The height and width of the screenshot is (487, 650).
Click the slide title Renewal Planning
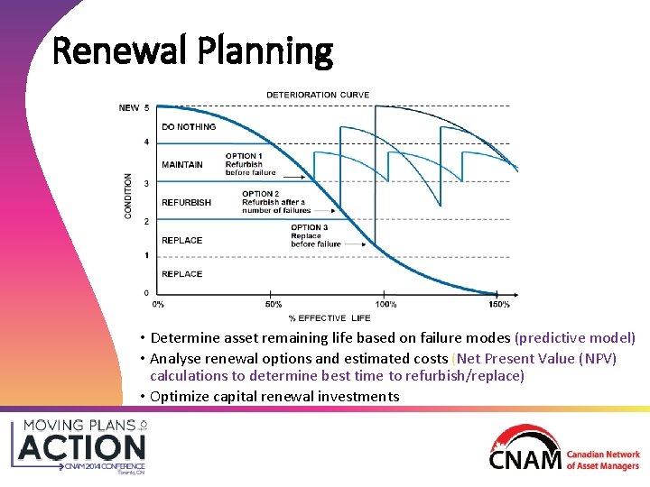tap(193, 51)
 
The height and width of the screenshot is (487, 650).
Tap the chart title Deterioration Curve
tap(317, 95)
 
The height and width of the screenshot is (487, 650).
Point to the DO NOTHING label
tap(189, 127)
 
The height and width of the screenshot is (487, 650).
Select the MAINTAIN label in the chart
tap(182, 165)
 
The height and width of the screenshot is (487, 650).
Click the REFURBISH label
tap(186, 203)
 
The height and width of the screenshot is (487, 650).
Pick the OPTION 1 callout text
tap(250, 164)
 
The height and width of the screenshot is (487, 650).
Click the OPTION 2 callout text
tap(274, 202)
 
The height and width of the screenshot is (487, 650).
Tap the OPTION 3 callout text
tap(315, 235)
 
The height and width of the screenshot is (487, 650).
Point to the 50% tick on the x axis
tap(274, 304)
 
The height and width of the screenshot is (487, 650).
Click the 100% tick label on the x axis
tap(385, 304)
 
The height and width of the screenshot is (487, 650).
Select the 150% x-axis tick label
tap(498, 304)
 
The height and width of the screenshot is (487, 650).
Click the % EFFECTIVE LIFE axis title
tap(330, 318)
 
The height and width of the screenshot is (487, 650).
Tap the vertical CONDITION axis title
tap(128, 196)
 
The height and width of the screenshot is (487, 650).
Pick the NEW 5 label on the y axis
tap(134, 108)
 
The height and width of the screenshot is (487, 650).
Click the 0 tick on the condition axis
tap(147, 293)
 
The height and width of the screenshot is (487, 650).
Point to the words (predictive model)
tap(575, 338)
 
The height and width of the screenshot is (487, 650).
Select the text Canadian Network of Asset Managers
tap(602, 461)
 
